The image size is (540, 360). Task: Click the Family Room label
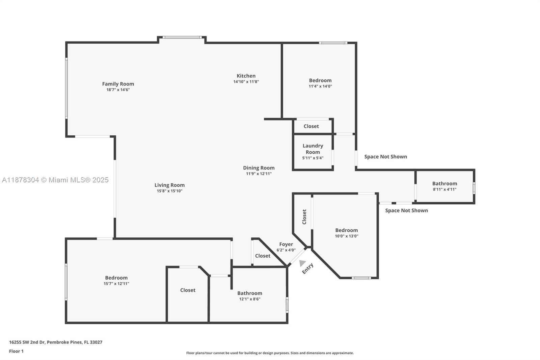click(118, 84)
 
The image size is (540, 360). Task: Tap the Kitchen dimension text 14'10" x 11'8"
click(246, 81)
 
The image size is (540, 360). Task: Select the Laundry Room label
click(313, 149)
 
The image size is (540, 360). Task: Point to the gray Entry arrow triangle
click(302, 263)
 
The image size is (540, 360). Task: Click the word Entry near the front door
click(307, 268)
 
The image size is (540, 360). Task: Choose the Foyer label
click(286, 244)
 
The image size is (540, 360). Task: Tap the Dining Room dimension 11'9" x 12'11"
click(259, 174)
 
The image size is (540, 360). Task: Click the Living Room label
click(169, 185)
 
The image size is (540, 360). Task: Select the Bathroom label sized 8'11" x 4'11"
click(444, 184)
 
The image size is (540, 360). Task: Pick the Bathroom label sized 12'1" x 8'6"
click(249, 293)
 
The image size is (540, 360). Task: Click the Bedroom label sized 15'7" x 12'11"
click(116, 278)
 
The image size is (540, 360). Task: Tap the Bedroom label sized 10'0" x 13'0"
click(346, 230)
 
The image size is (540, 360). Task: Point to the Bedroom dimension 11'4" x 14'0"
click(320, 86)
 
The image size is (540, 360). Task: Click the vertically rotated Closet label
click(304, 217)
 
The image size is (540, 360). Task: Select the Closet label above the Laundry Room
click(311, 126)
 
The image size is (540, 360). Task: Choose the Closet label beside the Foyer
click(263, 256)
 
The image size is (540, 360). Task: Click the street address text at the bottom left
click(56, 342)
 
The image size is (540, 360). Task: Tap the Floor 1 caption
click(16, 351)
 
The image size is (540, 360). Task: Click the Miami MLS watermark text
click(55, 180)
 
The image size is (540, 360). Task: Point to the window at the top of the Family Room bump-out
click(182, 37)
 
